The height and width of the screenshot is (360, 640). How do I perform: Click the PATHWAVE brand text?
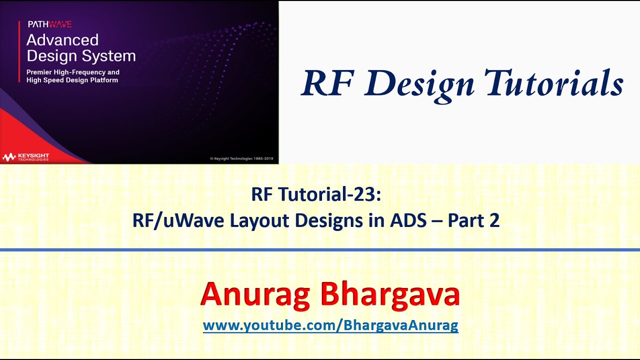click(x=49, y=24)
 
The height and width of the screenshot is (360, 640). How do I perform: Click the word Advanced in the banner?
click(x=62, y=40)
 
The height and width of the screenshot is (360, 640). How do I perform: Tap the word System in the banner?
click(x=109, y=55)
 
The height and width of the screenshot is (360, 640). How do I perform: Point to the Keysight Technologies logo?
click(x=25, y=157)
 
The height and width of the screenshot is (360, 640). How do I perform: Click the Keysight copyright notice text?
click(x=242, y=158)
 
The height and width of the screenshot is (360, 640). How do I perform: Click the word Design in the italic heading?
click(x=419, y=83)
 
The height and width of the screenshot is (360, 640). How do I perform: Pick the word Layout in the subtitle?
click(x=259, y=220)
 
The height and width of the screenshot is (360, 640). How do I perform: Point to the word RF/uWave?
click(x=178, y=220)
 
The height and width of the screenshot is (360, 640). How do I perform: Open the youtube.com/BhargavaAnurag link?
click(x=330, y=326)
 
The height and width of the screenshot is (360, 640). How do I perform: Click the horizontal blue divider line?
click(x=320, y=249)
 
